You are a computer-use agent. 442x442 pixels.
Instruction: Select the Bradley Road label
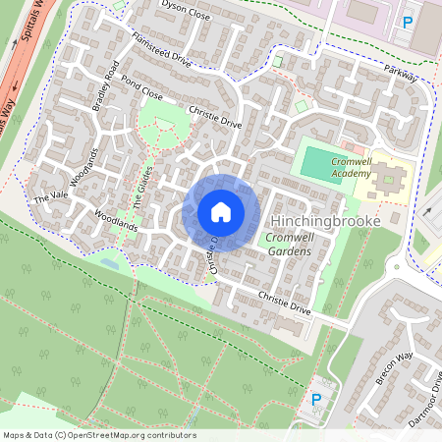[107, 84]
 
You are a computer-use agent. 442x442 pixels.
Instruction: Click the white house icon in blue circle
[221, 211]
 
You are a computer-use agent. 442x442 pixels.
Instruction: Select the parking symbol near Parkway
[407, 22]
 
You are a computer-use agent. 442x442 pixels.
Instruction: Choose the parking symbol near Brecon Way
[316, 399]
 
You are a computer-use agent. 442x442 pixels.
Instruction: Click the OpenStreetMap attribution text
[99, 435]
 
